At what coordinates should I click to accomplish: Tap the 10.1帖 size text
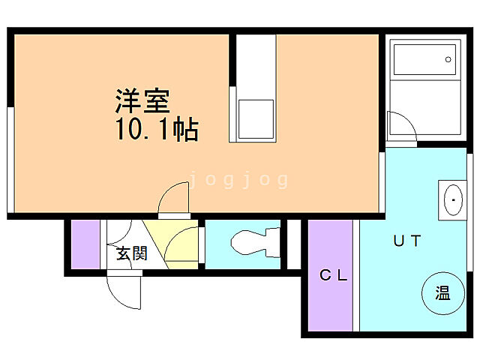(156, 130)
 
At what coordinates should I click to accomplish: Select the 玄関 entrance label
(130, 253)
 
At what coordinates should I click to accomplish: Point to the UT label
(407, 241)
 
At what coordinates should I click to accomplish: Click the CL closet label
(333, 275)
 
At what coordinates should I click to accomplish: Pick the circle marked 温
(441, 293)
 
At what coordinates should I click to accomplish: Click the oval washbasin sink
(452, 200)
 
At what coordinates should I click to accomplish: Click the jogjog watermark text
(238, 180)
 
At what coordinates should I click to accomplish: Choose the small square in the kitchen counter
(256, 118)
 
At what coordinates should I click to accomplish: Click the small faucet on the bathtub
(448, 58)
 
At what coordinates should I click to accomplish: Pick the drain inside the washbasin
(452, 200)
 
